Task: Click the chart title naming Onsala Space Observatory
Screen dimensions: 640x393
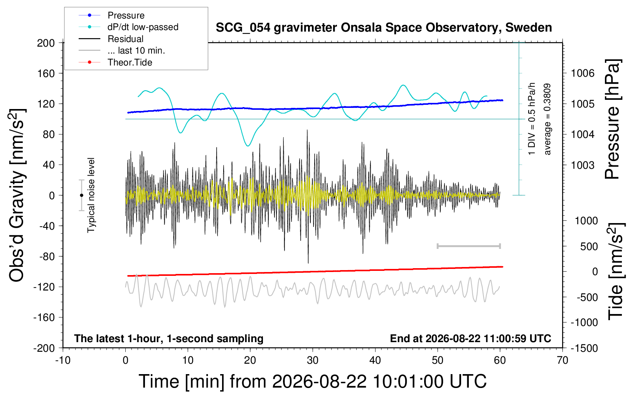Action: (384, 28)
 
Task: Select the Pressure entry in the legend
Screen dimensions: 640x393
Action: (126, 15)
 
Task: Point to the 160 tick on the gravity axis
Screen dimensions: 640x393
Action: (46, 74)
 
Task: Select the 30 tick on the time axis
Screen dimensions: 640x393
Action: (313, 360)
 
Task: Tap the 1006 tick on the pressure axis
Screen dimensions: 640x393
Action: (583, 74)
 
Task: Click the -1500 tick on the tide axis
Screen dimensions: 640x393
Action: (584, 348)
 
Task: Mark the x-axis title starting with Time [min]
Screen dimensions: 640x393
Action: (313, 381)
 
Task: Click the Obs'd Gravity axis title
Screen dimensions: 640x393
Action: (17, 195)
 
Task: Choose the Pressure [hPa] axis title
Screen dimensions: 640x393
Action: (613, 119)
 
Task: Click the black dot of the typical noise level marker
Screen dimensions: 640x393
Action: (81, 195)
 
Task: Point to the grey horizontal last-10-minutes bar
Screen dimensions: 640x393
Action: (468, 246)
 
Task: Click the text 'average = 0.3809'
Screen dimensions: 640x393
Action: (547, 119)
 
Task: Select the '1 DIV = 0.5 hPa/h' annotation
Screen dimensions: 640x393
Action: (531, 119)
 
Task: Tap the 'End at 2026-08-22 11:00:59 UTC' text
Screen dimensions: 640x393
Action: (471, 338)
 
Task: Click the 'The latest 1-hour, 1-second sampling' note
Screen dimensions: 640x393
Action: (168, 339)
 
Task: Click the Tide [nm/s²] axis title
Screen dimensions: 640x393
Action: (616, 271)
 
